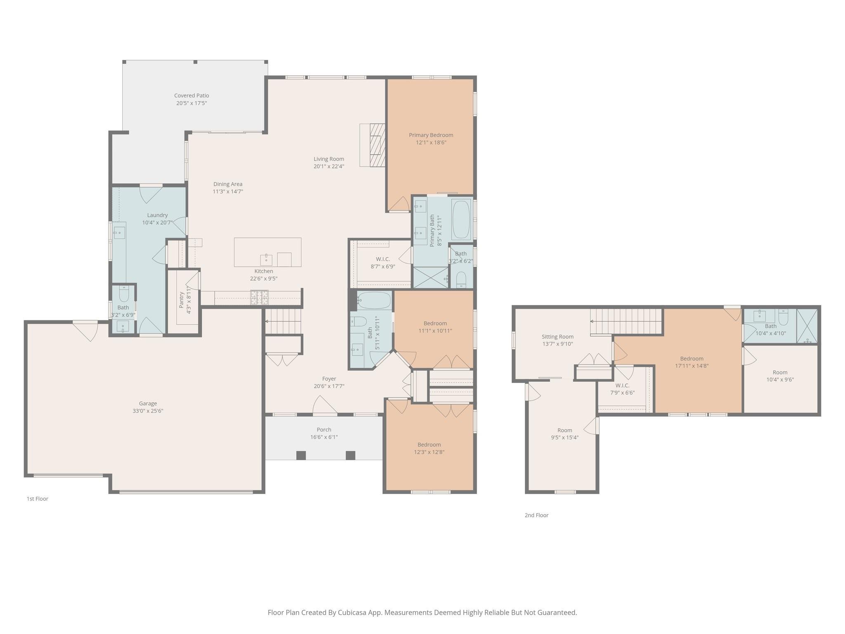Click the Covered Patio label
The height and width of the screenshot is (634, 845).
click(x=191, y=95)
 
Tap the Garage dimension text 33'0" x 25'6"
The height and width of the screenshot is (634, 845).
click(x=148, y=411)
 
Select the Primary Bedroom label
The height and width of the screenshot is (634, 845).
click(x=431, y=135)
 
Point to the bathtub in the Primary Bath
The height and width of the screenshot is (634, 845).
click(x=461, y=220)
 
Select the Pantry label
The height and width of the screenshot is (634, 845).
click(x=182, y=300)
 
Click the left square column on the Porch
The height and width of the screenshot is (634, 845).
click(x=301, y=455)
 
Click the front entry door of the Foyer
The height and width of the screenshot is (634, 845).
click(x=325, y=407)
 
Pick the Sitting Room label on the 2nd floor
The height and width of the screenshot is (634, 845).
click(x=557, y=337)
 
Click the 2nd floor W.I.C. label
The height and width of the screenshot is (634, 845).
click(x=622, y=386)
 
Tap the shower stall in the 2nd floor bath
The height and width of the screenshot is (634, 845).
click(x=806, y=326)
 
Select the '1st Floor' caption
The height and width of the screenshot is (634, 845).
click(x=38, y=499)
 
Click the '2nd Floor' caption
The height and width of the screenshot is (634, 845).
click(x=536, y=515)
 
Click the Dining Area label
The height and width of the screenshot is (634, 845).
click(x=228, y=184)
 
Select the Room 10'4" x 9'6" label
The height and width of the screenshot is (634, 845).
click(x=780, y=372)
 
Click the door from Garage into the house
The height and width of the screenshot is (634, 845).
click(x=85, y=330)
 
